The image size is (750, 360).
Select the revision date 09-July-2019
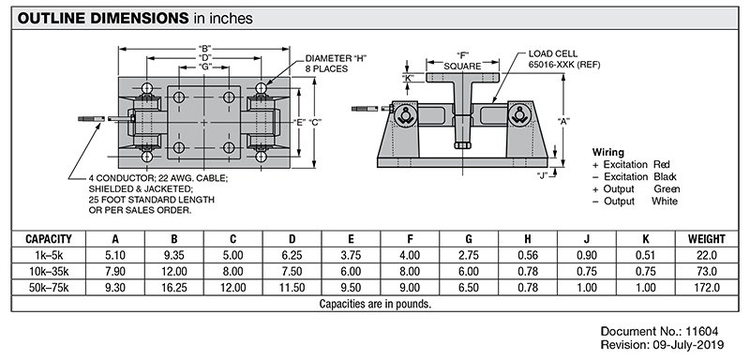[694, 347]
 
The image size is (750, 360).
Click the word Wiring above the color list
[609, 151]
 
